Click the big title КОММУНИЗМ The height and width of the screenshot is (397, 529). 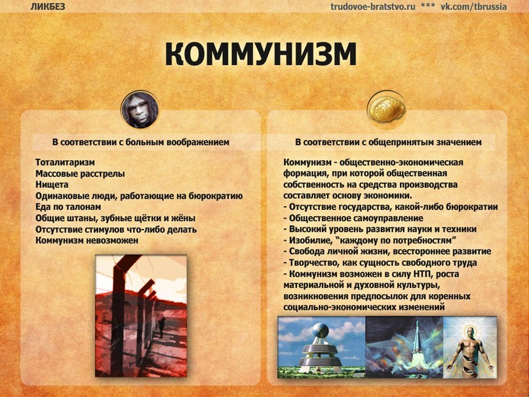(260, 54)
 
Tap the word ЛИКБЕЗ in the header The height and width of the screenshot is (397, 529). (48, 7)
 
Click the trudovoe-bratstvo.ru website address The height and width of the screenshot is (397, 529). (373, 7)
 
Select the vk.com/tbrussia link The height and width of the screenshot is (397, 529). (474, 7)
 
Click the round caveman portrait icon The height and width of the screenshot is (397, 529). (140, 110)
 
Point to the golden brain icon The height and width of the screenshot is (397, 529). (386, 109)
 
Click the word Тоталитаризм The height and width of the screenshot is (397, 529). (65, 162)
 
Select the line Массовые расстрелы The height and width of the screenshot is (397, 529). (80, 173)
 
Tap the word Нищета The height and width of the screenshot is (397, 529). (52, 184)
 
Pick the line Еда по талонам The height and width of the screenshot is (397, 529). (68, 207)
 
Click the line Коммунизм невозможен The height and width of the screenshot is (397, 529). (87, 240)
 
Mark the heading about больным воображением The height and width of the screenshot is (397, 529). (141, 142)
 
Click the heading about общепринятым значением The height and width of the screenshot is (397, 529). (388, 142)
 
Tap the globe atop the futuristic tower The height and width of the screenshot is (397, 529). (320, 331)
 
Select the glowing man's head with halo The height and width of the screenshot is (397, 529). (469, 334)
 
